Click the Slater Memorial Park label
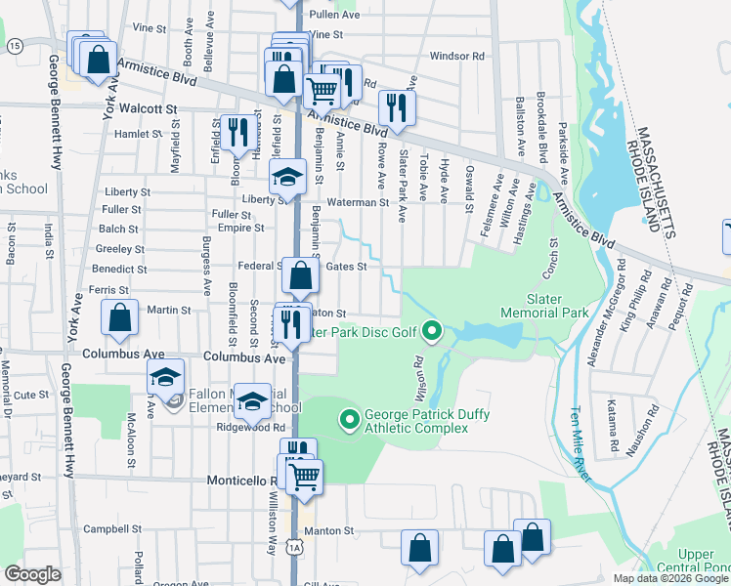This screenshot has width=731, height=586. point(543,305)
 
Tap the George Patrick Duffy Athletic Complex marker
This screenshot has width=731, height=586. point(347,421)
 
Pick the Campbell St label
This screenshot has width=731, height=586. point(107,529)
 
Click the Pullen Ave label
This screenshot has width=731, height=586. point(334,15)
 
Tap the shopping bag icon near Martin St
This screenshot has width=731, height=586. point(119,316)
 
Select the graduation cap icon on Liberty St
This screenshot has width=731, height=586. point(287,178)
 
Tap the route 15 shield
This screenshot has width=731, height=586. point(14,46)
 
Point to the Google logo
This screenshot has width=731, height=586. point(33,573)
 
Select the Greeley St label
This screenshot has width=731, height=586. point(119,249)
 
